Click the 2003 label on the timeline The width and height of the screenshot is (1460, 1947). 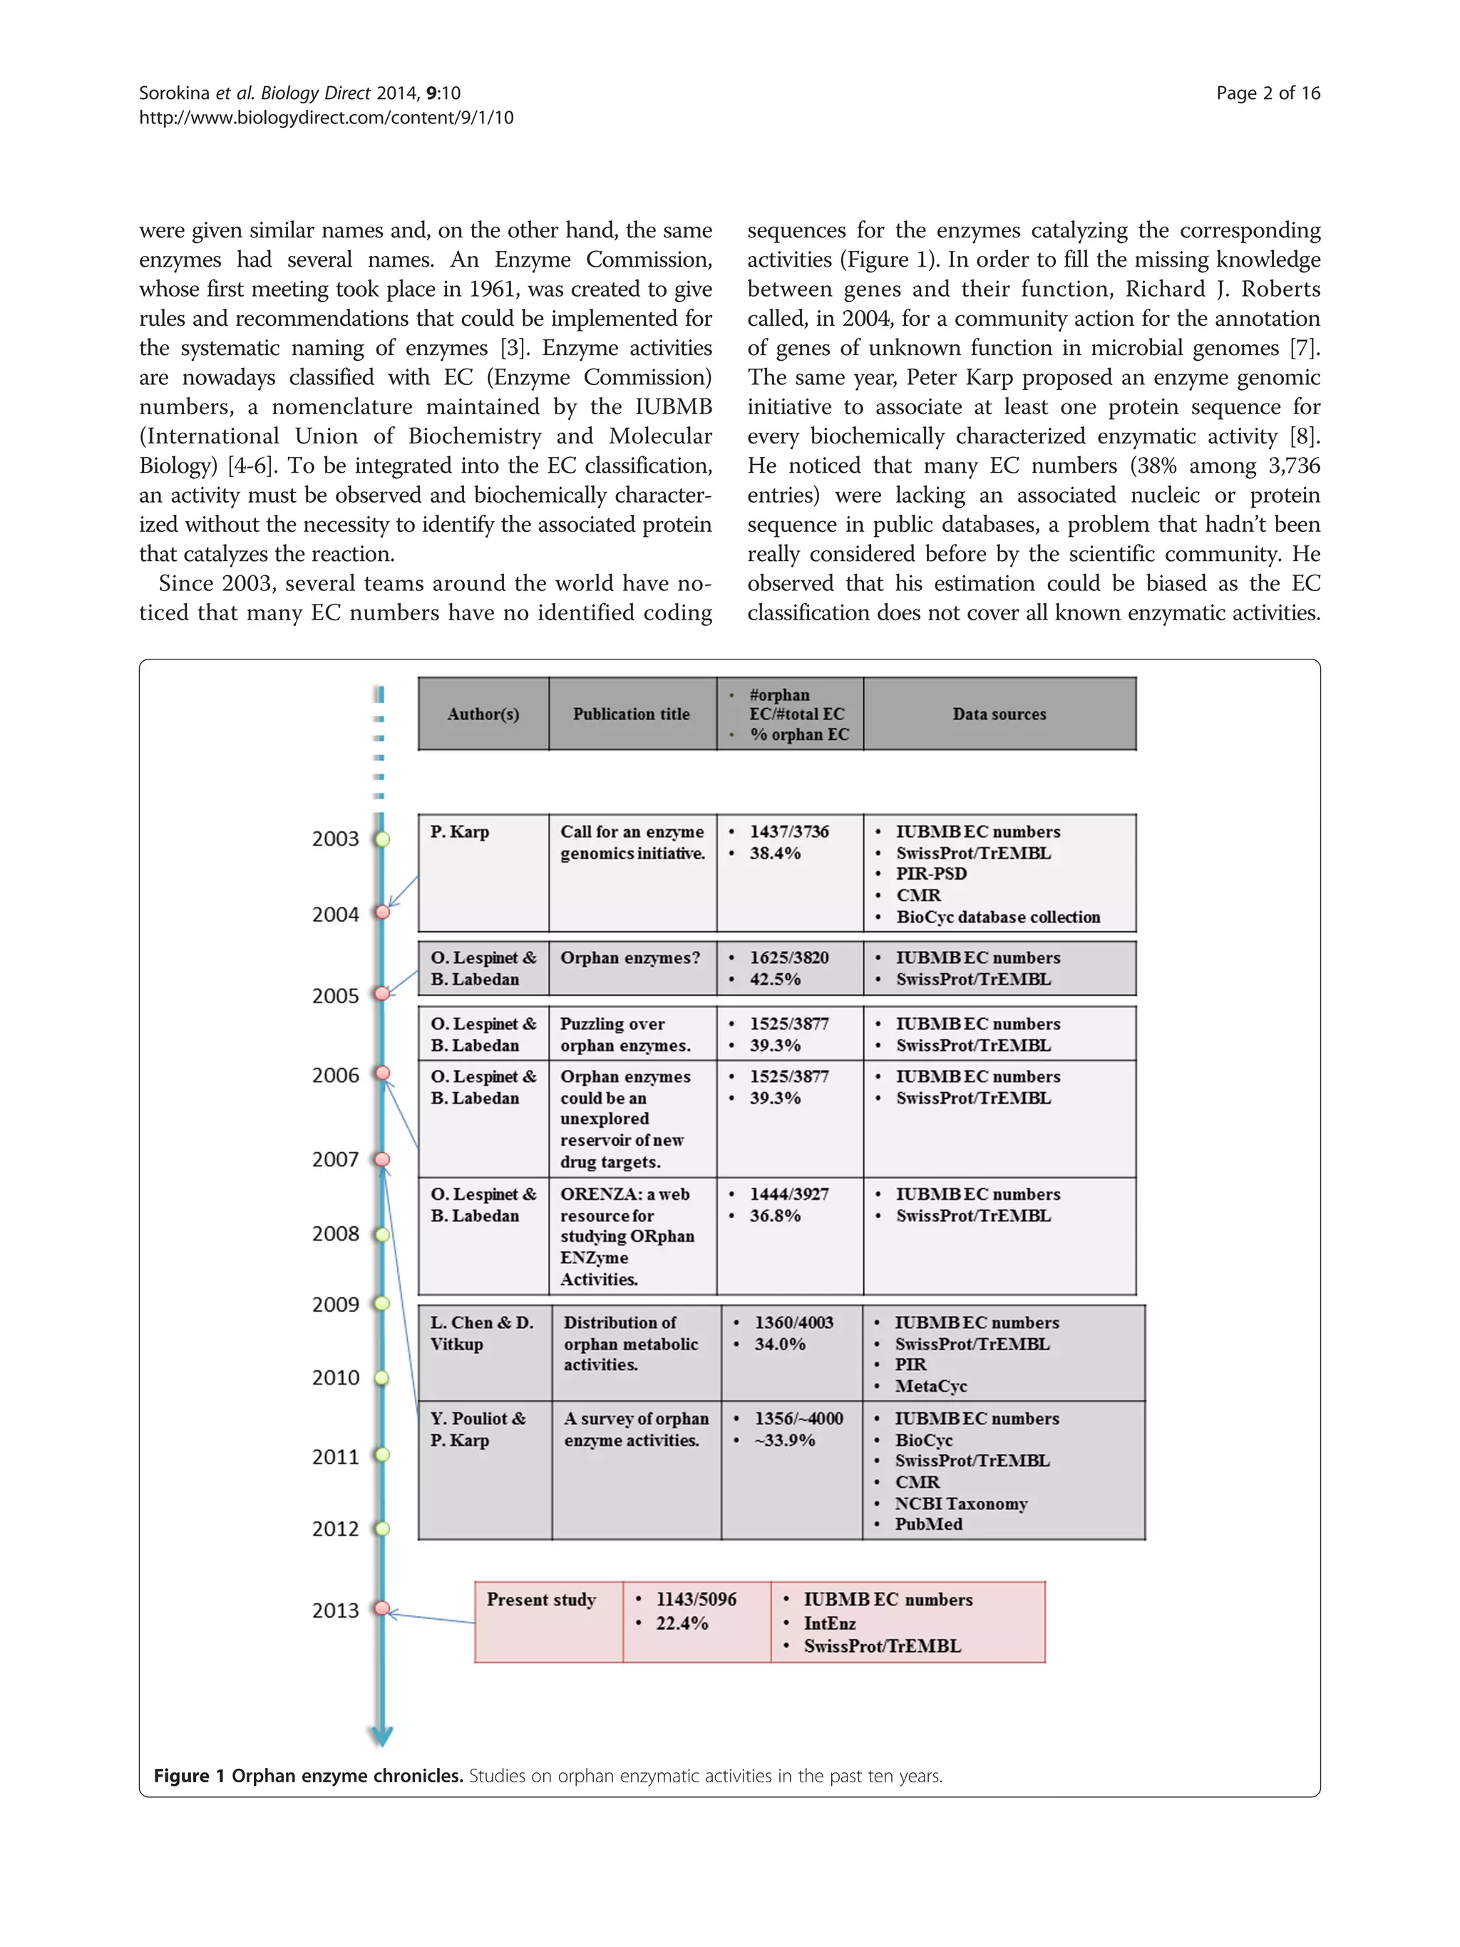point(335,839)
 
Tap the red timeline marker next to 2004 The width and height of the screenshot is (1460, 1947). point(382,913)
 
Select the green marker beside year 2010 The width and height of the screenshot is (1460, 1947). point(382,1377)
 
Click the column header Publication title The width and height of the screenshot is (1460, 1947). point(631,714)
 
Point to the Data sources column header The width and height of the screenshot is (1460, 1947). point(999,714)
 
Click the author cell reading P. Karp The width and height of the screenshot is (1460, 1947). point(459,832)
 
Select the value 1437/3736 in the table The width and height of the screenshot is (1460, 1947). point(788,832)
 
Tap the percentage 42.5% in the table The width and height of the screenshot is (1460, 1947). point(774,979)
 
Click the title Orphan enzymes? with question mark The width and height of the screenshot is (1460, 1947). point(630,957)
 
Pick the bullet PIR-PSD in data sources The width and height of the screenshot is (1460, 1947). point(931,874)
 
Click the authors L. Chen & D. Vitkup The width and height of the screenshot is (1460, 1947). point(481,1332)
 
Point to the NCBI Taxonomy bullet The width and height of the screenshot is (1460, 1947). point(960,1504)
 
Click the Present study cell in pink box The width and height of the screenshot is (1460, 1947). point(541,1599)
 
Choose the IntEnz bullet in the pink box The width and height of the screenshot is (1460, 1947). point(829,1623)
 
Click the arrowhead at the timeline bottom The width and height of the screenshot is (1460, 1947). point(381,1737)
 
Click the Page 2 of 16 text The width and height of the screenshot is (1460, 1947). point(1268,93)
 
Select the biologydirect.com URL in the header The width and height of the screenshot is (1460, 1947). point(326,118)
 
